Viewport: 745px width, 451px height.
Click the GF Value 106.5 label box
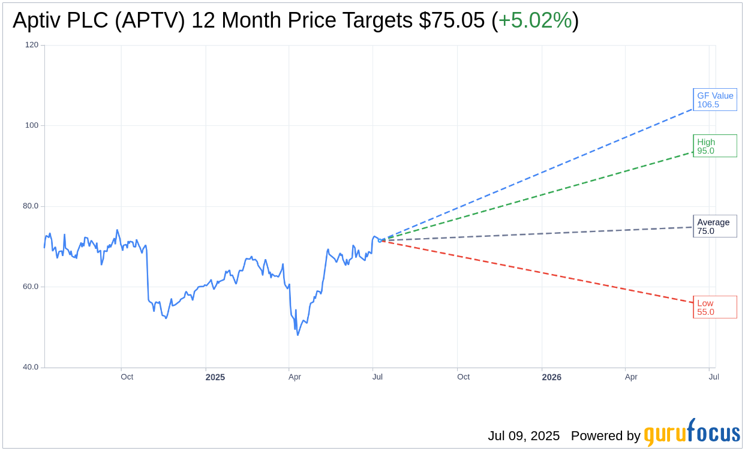pyautogui.click(x=714, y=100)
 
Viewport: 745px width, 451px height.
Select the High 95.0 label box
pyautogui.click(x=714, y=146)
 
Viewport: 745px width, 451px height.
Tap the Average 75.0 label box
pyautogui.click(x=714, y=226)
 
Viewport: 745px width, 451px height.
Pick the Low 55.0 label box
pyautogui.click(x=714, y=307)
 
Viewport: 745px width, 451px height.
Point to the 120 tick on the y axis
pyautogui.click(x=32, y=45)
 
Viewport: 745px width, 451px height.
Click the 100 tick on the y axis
pyautogui.click(x=32, y=125)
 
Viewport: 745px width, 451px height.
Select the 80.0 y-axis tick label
pyautogui.click(x=30, y=206)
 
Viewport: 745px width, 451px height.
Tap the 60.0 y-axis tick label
pyautogui.click(x=30, y=286)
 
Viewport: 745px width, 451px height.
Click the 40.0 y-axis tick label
pyautogui.click(x=30, y=367)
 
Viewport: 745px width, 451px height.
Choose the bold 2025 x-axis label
pyautogui.click(x=215, y=377)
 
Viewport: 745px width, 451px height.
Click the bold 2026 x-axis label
pyautogui.click(x=551, y=377)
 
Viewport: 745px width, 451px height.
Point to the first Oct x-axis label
pyautogui.click(x=127, y=377)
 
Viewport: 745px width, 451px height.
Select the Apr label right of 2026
pyautogui.click(x=631, y=377)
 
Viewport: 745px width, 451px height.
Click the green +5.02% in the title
pyautogui.click(x=535, y=20)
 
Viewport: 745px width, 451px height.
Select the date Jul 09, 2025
pyautogui.click(x=523, y=435)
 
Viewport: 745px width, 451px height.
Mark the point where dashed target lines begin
pyautogui.click(x=379, y=240)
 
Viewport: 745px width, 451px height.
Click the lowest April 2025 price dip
pyautogui.click(x=298, y=335)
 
